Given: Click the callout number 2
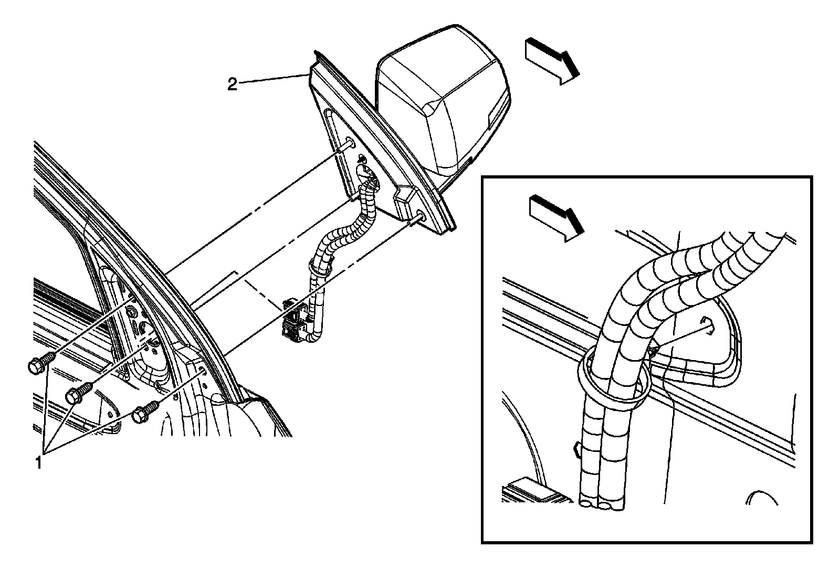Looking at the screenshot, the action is point(232,85).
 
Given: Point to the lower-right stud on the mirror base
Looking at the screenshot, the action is point(418,217).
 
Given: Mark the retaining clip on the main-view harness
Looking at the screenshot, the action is point(321,268).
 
